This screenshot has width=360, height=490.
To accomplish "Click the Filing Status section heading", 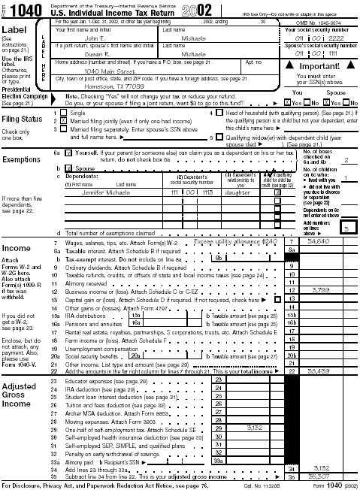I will (x=22, y=119).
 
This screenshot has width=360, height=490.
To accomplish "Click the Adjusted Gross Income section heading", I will (x=19, y=395).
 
